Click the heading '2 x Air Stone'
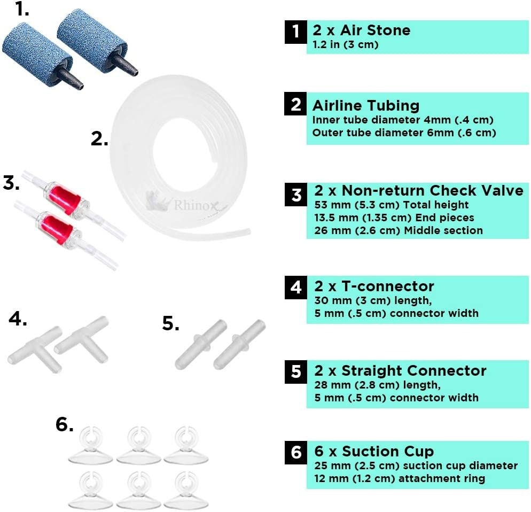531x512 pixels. [x=361, y=30]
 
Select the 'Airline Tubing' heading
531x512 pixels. [x=366, y=105]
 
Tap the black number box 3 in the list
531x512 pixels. [x=295, y=195]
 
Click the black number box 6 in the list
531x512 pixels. [x=295, y=452]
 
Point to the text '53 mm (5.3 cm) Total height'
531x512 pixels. [x=392, y=205]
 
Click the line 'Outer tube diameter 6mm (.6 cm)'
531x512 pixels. [x=404, y=133]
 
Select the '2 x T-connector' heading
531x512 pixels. [x=374, y=286]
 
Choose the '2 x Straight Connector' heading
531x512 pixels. [x=400, y=371]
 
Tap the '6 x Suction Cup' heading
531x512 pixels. [x=374, y=452]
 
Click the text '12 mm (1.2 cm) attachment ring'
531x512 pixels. [x=400, y=478]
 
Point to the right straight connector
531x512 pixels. [x=239, y=344]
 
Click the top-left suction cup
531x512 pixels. [x=90, y=445]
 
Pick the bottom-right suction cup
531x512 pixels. [x=186, y=490]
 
